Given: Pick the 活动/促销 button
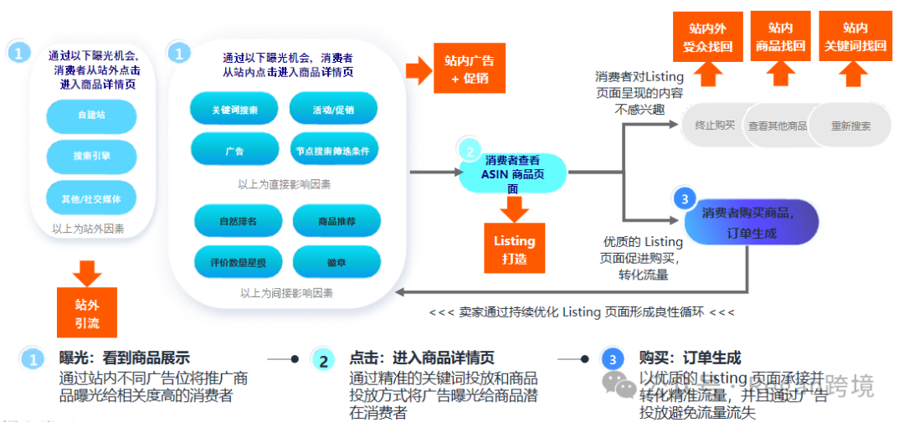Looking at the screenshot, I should point(333,110).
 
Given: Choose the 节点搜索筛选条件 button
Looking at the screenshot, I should point(333,151).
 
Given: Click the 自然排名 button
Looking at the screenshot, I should point(238,222).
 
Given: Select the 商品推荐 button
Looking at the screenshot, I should point(336,222).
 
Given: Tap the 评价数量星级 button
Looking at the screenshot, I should point(238,262).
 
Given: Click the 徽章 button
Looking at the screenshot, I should point(336,262).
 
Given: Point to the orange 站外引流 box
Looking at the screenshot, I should point(87,311).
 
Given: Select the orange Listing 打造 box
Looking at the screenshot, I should point(514,249).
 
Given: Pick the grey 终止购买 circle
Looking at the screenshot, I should point(714,126).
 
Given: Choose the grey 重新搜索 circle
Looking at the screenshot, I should point(850,126).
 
